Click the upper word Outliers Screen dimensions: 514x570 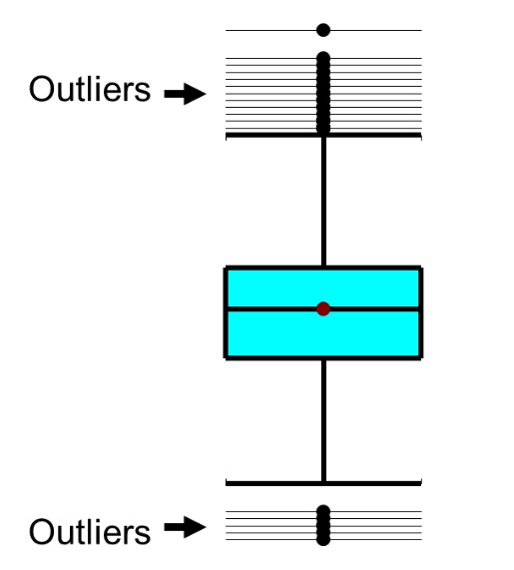(90, 89)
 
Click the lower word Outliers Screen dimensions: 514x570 (90, 531)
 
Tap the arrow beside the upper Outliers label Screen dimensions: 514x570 (185, 94)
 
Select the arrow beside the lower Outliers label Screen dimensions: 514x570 (185, 527)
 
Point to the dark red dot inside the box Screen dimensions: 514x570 (323, 308)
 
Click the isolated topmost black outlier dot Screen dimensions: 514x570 (323, 30)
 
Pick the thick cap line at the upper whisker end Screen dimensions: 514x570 (323, 135)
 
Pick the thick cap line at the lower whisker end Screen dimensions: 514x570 (323, 483)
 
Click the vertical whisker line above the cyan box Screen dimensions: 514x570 (323, 202)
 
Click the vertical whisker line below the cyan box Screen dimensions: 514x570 (323, 420)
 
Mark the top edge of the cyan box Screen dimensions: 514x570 (323, 269)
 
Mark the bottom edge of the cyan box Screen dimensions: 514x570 (323, 357)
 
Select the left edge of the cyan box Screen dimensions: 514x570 (226, 313)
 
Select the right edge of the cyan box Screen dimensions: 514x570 (420, 313)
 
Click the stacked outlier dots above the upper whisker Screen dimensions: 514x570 (323, 94)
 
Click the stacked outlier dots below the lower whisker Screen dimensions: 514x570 (323, 525)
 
